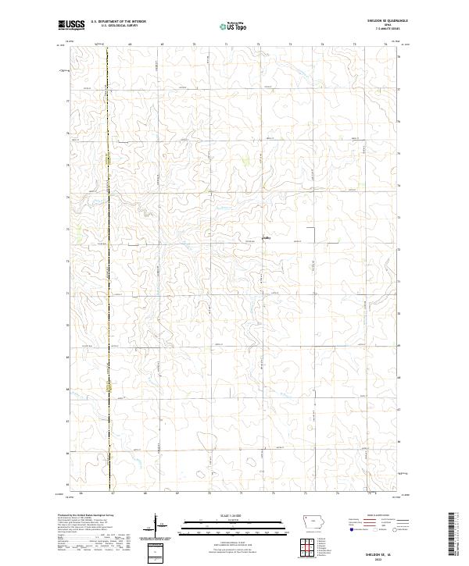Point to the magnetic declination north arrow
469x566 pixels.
click(156, 522)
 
